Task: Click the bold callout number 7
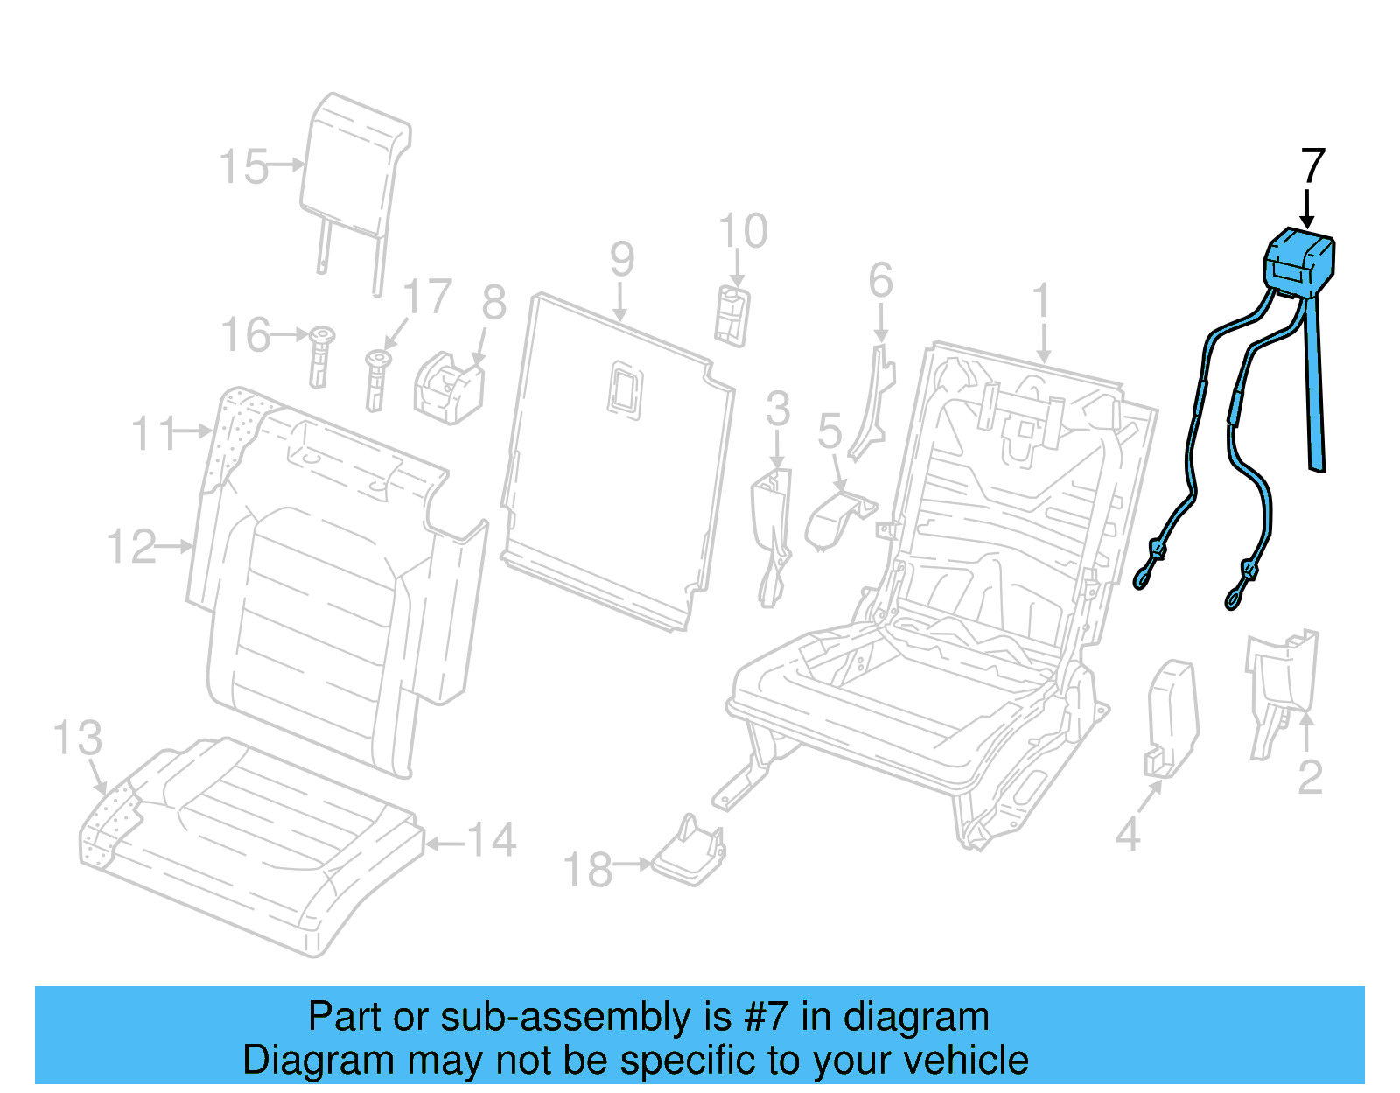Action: tap(1312, 166)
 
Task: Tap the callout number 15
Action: tap(243, 166)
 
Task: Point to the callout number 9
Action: tap(621, 259)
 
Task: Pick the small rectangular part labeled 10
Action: tap(732, 315)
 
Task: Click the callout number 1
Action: tap(1040, 302)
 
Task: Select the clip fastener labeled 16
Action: tap(320, 355)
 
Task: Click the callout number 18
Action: tap(587, 870)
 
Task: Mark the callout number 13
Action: tap(77, 739)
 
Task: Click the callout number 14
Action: tap(492, 840)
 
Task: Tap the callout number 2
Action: tap(1309, 777)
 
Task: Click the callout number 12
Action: tap(131, 547)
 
